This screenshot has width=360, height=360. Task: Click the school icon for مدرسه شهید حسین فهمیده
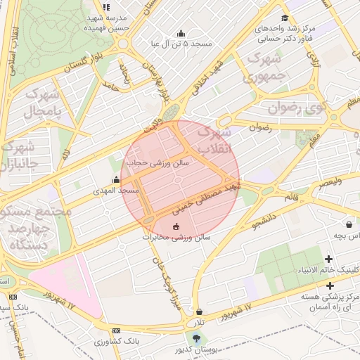click(106, 7)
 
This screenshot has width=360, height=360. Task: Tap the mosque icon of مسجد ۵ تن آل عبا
click(181, 33)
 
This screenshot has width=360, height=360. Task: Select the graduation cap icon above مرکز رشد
click(284, 18)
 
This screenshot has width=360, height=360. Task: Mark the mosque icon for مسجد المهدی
click(116, 180)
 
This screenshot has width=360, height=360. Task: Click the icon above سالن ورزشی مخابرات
click(176, 226)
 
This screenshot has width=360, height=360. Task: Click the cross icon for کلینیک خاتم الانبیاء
click(328, 259)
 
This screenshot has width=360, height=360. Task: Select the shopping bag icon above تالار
click(200, 311)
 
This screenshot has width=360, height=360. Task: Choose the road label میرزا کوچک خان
click(165, 281)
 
